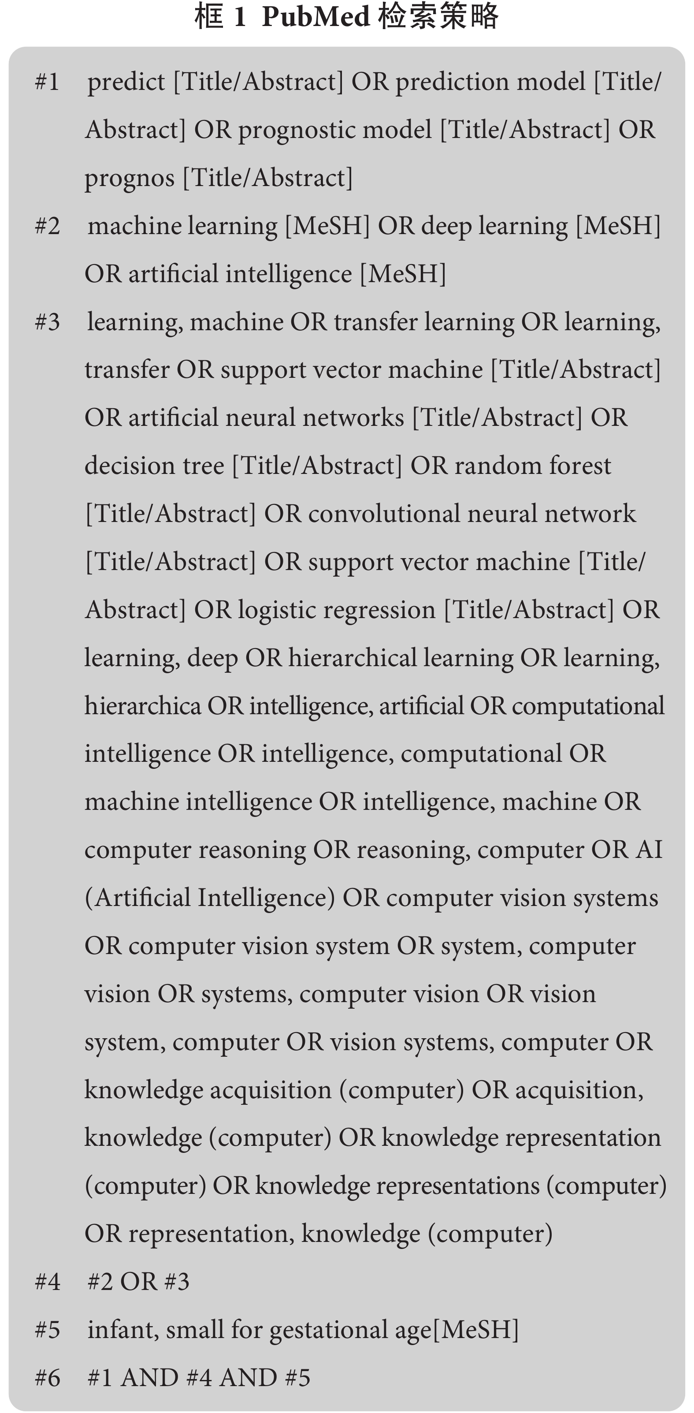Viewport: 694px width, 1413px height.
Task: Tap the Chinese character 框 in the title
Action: coord(209,16)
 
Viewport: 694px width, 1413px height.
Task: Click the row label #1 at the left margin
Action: coord(48,82)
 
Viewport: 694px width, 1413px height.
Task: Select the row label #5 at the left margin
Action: coord(48,1330)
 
